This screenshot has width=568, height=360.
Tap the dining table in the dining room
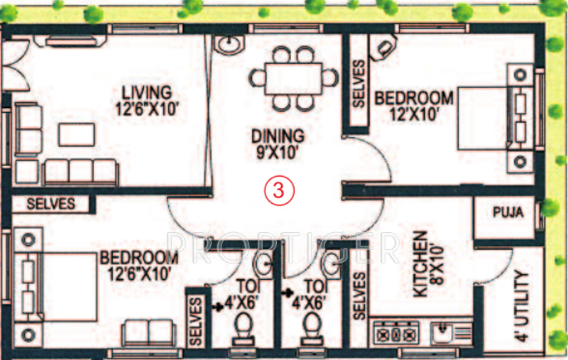coord(293,77)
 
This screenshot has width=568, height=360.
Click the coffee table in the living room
coord(75,134)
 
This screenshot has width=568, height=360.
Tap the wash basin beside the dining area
coord(228,45)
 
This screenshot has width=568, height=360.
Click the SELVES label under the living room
coord(50,204)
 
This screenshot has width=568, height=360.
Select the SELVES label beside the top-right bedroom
coord(358,84)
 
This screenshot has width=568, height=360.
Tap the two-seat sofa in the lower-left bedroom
coord(148,332)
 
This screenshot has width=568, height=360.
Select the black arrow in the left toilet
coord(217,308)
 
